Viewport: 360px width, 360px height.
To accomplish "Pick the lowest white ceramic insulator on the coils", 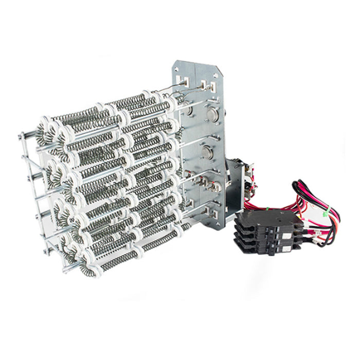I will (x=95, y=270).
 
